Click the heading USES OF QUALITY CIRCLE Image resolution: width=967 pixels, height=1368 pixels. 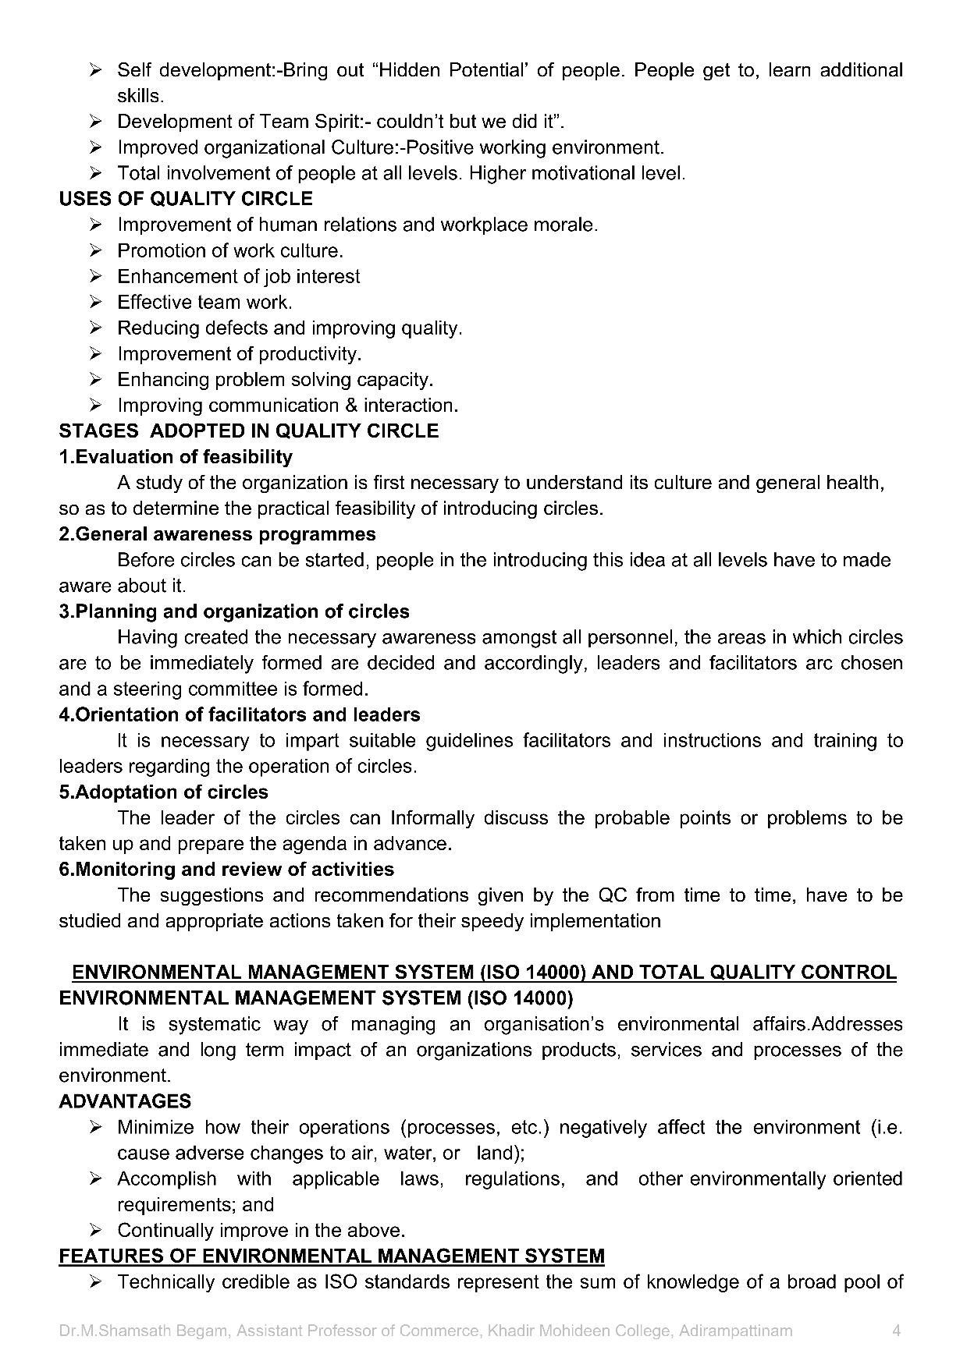coord(186,199)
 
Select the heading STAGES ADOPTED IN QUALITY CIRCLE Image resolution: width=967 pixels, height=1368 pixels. coord(248,431)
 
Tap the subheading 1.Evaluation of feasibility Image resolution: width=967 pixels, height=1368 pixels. coord(176,457)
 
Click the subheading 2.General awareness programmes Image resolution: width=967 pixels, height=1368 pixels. coord(217,534)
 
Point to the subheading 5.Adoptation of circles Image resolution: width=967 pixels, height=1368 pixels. coord(163,792)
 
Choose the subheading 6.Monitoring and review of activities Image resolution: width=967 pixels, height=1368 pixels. coord(226,870)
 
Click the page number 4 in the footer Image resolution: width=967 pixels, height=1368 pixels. coord(896,1331)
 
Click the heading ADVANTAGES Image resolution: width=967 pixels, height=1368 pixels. coord(125,1101)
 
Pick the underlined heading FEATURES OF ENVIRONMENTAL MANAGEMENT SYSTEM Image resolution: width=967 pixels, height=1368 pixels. coord(332,1256)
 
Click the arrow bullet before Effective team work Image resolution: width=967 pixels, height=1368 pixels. coord(96,303)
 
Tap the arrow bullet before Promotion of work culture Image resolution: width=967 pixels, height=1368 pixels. coord(96,251)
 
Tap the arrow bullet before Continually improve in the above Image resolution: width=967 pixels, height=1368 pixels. coord(96,1231)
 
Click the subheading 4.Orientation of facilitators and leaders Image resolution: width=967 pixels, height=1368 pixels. coord(240,715)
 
